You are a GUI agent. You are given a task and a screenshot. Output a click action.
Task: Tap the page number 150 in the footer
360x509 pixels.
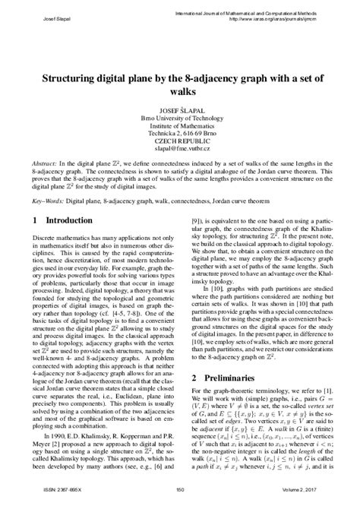coord(180,501)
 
